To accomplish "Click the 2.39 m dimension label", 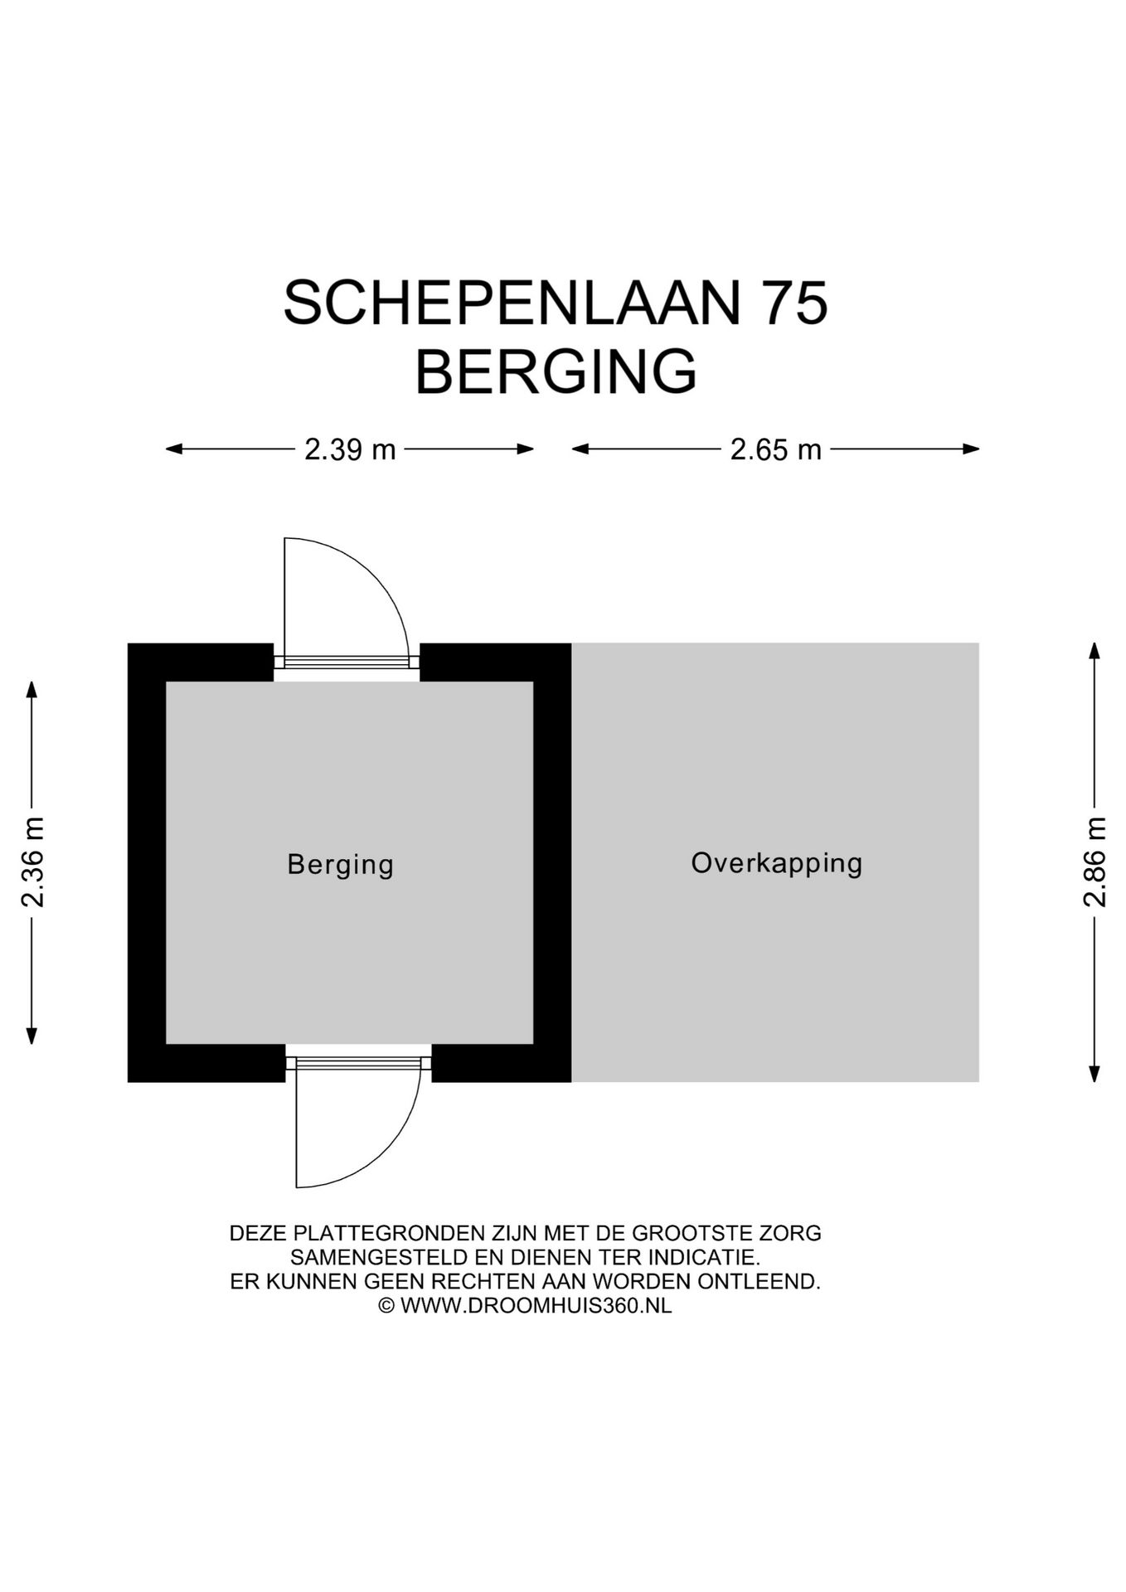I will (x=350, y=450).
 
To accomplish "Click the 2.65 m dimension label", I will (x=775, y=450).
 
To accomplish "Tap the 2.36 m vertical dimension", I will (x=33, y=862).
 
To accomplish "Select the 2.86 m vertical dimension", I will (x=1094, y=862).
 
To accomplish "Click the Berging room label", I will (x=340, y=864).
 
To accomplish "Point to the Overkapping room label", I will (x=777, y=862).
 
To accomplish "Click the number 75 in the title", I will (x=794, y=303).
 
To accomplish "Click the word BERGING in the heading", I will (x=556, y=373).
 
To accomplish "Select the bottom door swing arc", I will (x=386, y=1148).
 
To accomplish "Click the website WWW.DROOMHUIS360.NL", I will (x=536, y=1305).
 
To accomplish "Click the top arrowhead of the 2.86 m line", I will (x=1094, y=649).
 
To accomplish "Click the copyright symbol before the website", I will (x=386, y=1305).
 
